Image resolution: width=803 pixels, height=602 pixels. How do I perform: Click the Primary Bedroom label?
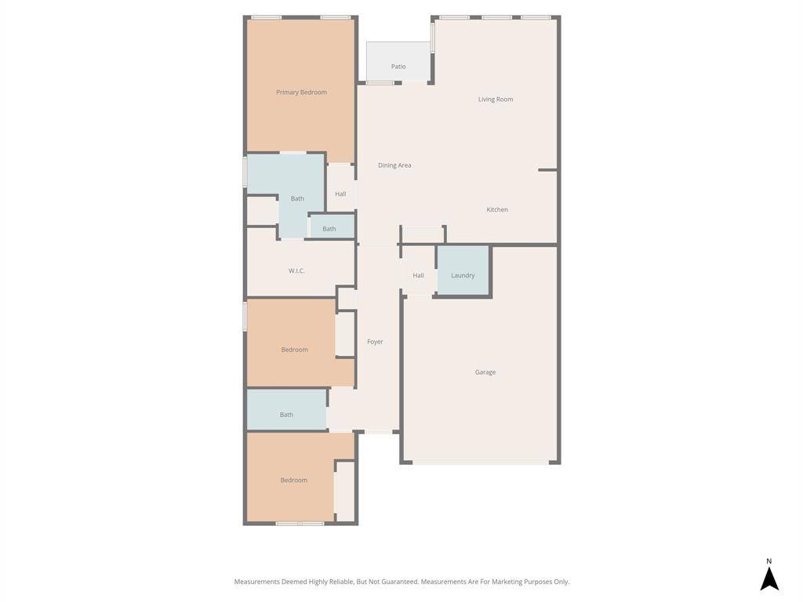click(301, 92)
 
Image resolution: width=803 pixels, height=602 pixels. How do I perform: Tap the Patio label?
click(398, 67)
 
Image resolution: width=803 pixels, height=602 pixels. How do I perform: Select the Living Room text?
click(496, 100)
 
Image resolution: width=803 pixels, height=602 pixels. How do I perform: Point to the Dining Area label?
click(394, 165)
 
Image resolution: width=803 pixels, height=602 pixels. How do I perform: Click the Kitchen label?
click(496, 209)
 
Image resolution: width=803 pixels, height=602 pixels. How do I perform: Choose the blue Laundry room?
click(463, 270)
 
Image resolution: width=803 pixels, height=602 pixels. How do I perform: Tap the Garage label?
click(485, 372)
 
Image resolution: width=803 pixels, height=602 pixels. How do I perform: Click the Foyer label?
click(375, 342)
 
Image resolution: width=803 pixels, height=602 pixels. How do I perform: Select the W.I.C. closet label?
click(296, 270)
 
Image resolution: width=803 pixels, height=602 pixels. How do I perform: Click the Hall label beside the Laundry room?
click(418, 275)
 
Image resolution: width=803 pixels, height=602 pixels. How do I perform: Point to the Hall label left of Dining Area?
click(340, 194)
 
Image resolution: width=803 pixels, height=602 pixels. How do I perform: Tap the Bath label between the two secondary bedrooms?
click(286, 415)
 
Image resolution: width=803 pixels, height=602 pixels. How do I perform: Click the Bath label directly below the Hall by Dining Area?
click(329, 229)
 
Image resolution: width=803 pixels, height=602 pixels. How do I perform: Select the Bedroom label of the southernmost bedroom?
click(294, 481)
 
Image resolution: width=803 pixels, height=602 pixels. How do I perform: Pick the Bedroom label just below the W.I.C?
click(295, 350)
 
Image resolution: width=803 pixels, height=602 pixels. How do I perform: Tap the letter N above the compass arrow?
click(768, 561)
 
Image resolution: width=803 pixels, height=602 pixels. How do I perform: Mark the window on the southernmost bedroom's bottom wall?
click(300, 523)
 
